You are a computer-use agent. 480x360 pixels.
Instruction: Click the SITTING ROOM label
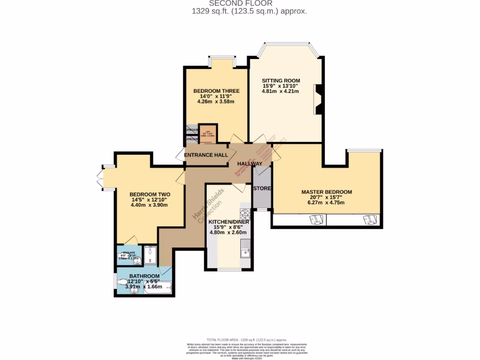[x=281, y=81]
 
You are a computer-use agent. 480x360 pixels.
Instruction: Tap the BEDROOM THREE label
[x=216, y=91]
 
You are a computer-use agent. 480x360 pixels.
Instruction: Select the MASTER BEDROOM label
[x=326, y=192]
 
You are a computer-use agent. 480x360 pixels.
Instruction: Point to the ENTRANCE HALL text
[x=206, y=155]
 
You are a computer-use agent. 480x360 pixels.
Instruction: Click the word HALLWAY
[x=249, y=164]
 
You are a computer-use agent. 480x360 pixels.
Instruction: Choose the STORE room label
[x=262, y=188]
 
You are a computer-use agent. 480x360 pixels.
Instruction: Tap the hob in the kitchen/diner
[x=245, y=215]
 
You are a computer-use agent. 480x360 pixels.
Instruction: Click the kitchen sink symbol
[x=245, y=248]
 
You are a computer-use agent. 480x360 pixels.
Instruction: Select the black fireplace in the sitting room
[x=318, y=99]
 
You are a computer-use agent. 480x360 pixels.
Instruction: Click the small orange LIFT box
[x=207, y=132]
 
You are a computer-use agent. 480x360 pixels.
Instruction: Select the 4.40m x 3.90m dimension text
[x=149, y=205]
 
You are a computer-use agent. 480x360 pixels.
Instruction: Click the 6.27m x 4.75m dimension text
[x=326, y=202]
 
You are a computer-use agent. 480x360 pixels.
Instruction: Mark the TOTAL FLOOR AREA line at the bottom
[x=247, y=339]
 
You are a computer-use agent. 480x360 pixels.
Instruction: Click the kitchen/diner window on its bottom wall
[x=229, y=270]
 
